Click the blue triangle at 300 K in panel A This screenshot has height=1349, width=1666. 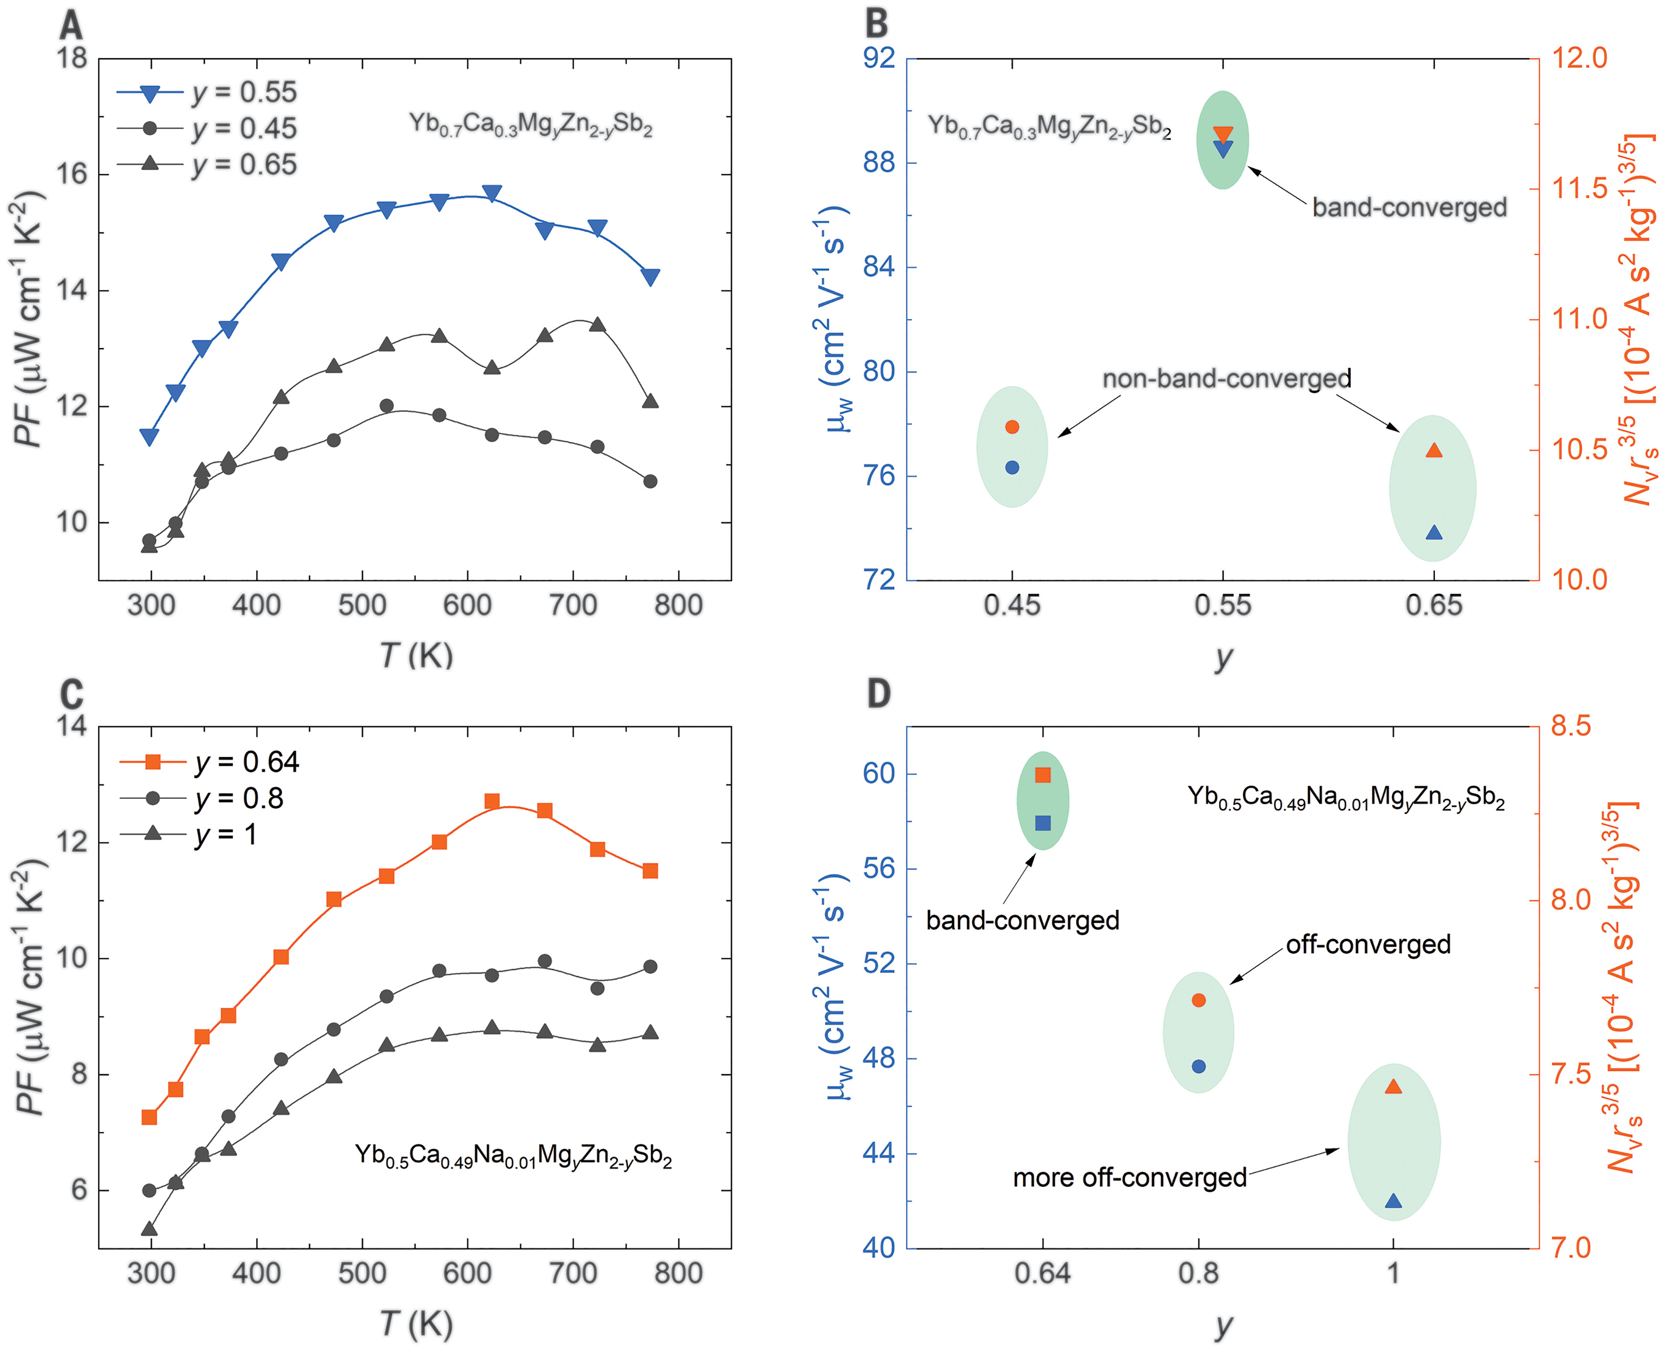point(149,437)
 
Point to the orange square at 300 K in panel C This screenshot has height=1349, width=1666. point(149,1117)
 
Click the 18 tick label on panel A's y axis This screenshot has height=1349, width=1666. point(72,58)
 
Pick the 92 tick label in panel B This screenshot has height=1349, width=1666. point(879,58)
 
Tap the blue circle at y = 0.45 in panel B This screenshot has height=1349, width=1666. point(1012,467)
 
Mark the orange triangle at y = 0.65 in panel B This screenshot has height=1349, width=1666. point(1434,451)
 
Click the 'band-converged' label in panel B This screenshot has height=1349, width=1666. point(1409,208)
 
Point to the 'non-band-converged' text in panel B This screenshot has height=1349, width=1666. point(1227,379)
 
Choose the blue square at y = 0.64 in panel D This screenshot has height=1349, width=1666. point(1043,823)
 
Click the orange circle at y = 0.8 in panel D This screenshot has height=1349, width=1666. point(1199,1000)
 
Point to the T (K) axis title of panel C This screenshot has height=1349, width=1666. point(416,1324)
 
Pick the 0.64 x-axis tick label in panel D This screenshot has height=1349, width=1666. point(1043,1274)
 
